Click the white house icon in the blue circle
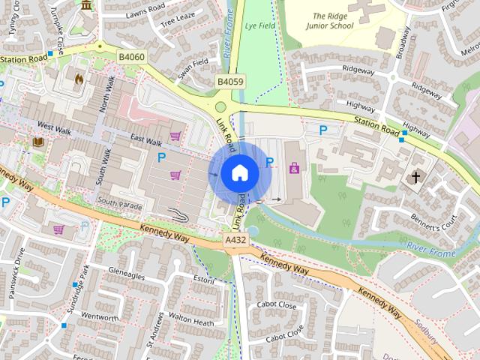click(239, 173)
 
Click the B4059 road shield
click(230, 81)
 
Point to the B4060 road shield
click(130, 55)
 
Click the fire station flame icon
click(79, 77)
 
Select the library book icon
click(37, 141)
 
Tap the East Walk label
click(145, 141)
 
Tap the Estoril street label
click(204, 280)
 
